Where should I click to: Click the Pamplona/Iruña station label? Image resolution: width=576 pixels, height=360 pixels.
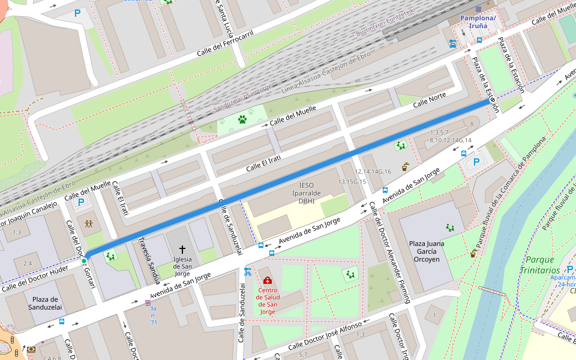pyautogui.click(x=478, y=22)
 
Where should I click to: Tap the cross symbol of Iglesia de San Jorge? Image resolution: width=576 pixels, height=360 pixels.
pyautogui.click(x=182, y=249)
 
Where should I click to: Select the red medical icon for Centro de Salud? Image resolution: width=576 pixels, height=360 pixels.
pyautogui.click(x=267, y=280)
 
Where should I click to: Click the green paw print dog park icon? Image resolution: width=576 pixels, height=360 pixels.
pyautogui.click(x=242, y=119)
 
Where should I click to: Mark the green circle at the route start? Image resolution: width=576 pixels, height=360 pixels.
pyautogui.click(x=85, y=260)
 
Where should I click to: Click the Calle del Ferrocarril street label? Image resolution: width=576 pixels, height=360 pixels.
pyautogui.click(x=225, y=44)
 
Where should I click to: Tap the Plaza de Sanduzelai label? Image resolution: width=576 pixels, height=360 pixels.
pyautogui.click(x=45, y=303)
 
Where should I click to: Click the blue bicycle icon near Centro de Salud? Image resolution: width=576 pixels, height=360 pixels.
pyautogui.click(x=247, y=272)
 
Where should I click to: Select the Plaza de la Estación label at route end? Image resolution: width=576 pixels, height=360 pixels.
pyautogui.click(x=484, y=84)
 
